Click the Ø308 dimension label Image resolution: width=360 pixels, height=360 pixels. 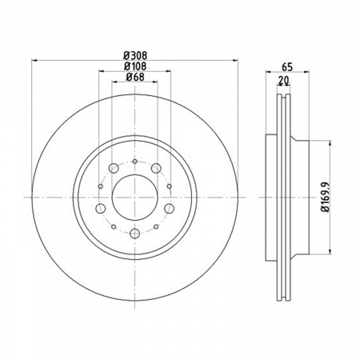pos(135,55)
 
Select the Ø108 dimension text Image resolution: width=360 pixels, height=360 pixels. pos(135,66)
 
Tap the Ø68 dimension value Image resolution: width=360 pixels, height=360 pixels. pos(135,77)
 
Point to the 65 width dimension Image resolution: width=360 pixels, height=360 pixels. pos(287,67)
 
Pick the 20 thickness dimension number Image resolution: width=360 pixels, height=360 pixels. pos(283,80)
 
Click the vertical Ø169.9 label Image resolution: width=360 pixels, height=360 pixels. pos(326,197)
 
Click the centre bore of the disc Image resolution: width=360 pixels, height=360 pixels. pos(135,198)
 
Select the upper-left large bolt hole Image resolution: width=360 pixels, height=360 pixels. pos(114,168)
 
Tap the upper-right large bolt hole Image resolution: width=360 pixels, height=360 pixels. pos(156,168)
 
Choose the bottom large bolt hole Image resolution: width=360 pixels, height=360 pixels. pos(134,234)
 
